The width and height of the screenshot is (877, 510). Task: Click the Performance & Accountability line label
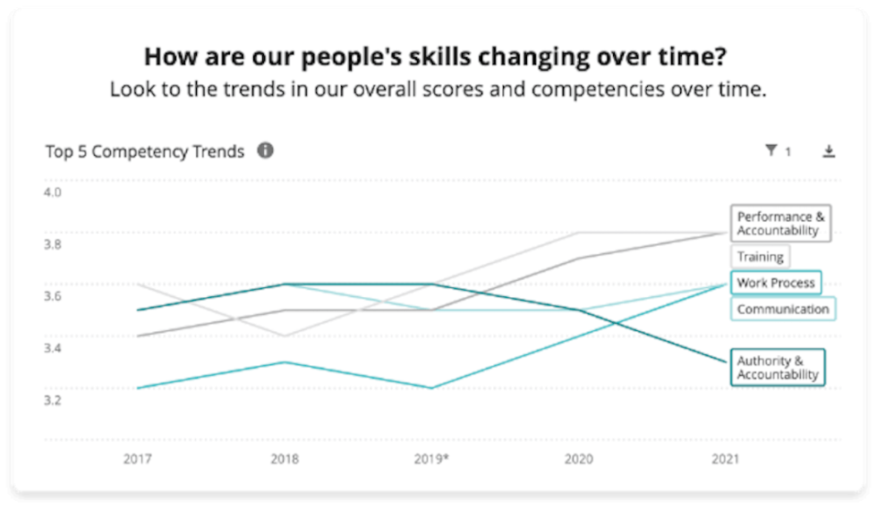[x=779, y=224]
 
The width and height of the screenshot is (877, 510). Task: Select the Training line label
[x=760, y=257]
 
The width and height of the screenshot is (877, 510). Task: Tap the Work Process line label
[x=776, y=283]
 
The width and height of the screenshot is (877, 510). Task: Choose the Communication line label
[x=783, y=310]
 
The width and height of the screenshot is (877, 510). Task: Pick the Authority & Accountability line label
[x=777, y=368]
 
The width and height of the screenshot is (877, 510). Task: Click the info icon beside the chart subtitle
[x=265, y=150]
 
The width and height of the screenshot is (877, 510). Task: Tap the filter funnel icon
[x=771, y=151]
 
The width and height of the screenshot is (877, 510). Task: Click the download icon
[x=829, y=151]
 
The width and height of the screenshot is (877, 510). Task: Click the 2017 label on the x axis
[x=137, y=459]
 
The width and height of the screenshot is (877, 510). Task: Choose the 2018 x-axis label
[x=285, y=459]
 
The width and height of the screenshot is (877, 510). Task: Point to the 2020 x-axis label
[x=580, y=459]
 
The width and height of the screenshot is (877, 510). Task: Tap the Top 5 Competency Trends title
[x=145, y=151]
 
